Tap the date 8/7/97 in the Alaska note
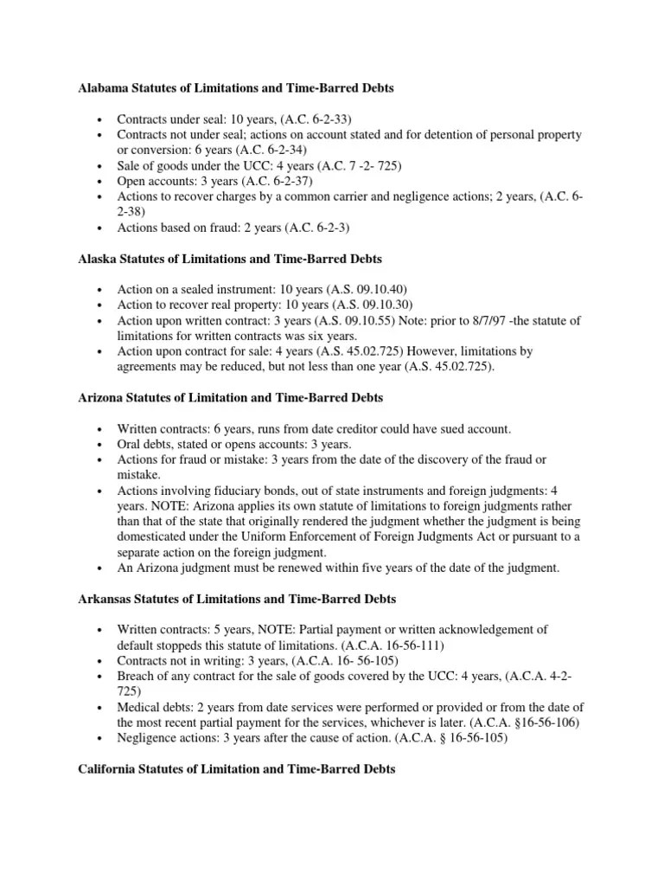[x=457, y=321]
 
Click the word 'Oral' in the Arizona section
[x=131, y=444]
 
